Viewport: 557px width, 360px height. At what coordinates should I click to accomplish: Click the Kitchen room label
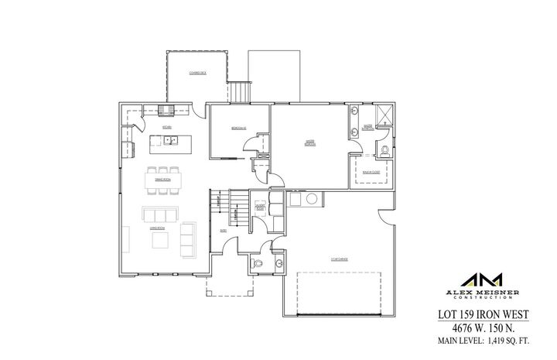pyautogui.click(x=166, y=125)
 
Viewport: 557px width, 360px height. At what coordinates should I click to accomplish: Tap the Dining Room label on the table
pyautogui.click(x=162, y=179)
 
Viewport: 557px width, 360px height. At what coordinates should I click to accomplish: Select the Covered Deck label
pyautogui.click(x=197, y=73)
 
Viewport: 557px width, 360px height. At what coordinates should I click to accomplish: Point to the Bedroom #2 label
pyautogui.click(x=238, y=127)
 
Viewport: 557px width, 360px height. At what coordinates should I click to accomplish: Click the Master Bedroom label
pyautogui.click(x=309, y=142)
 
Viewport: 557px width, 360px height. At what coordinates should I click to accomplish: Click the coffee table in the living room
pyautogui.click(x=161, y=242)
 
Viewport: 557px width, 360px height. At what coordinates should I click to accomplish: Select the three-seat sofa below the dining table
pyautogui.click(x=159, y=214)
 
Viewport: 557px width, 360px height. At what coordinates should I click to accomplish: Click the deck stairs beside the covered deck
pyautogui.click(x=241, y=91)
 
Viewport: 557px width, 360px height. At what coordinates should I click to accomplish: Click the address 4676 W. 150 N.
pyautogui.click(x=487, y=327)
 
